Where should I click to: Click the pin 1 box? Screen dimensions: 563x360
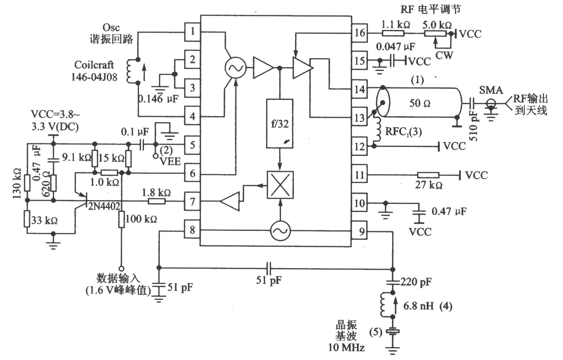click(x=192, y=32)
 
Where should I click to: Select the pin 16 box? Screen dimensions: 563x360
click(x=359, y=33)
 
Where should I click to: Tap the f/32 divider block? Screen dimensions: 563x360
click(x=280, y=123)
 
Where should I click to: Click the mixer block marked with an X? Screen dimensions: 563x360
click(x=280, y=185)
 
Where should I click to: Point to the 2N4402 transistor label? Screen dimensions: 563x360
click(x=104, y=206)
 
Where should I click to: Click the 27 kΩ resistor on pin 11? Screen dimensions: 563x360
click(x=428, y=175)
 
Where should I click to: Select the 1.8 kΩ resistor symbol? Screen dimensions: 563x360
click(x=157, y=201)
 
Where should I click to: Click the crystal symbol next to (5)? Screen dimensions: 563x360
click(x=392, y=332)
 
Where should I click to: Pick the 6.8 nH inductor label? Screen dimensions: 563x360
click(x=418, y=306)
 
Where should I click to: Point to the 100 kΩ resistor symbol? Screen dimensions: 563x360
click(x=121, y=219)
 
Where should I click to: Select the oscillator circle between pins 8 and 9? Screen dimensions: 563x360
click(x=280, y=231)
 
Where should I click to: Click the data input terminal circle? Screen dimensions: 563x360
click(x=121, y=269)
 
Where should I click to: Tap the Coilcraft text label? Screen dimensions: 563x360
click(x=94, y=65)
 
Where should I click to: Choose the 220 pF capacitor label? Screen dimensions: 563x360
click(x=416, y=282)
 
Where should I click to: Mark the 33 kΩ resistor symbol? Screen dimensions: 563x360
click(x=27, y=219)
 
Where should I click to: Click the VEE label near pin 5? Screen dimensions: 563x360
click(x=170, y=161)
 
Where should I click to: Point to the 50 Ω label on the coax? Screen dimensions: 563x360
click(x=420, y=103)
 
